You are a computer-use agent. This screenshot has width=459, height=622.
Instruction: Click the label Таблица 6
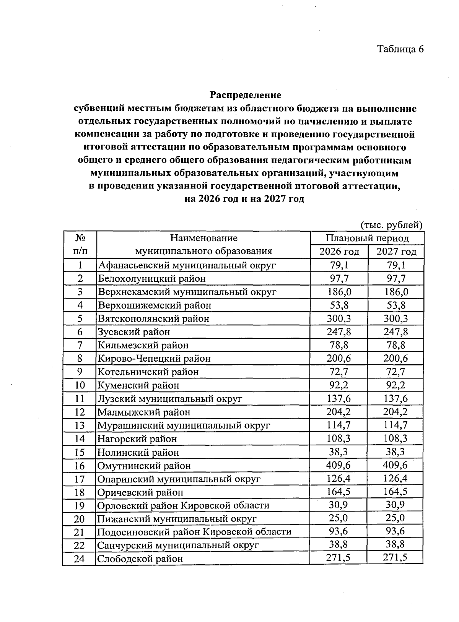[x=400, y=49]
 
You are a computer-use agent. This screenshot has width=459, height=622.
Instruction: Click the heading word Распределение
[x=245, y=95]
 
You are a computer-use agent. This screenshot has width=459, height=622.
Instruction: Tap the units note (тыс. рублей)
[x=391, y=225]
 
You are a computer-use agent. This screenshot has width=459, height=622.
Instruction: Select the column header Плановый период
[x=367, y=238]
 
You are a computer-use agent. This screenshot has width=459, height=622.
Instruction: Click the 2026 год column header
[x=339, y=252]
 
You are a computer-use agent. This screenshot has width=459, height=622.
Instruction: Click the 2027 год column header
[x=396, y=252]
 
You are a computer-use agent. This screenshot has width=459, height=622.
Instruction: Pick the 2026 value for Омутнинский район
[x=339, y=465]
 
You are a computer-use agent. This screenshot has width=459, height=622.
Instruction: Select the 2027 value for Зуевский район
[x=396, y=331]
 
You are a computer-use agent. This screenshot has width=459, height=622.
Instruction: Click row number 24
[x=79, y=559]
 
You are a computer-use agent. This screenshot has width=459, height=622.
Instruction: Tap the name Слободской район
[x=140, y=559]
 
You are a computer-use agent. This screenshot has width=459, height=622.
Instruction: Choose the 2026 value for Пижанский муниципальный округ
[x=339, y=518]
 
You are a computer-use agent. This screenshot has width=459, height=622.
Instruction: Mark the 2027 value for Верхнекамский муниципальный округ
[x=396, y=292]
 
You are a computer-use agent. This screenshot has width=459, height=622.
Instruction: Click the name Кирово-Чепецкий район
[x=154, y=358]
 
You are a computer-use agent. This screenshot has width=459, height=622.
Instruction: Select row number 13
[x=79, y=425]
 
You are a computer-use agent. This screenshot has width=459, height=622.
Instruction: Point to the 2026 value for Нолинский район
[x=339, y=452]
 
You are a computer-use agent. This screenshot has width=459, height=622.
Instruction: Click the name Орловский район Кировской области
[x=183, y=505]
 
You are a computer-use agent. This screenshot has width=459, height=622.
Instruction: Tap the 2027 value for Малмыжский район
[x=396, y=412]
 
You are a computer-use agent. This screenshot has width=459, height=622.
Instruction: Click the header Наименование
[x=203, y=238]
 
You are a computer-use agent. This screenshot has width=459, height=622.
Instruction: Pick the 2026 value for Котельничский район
[x=339, y=372]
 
